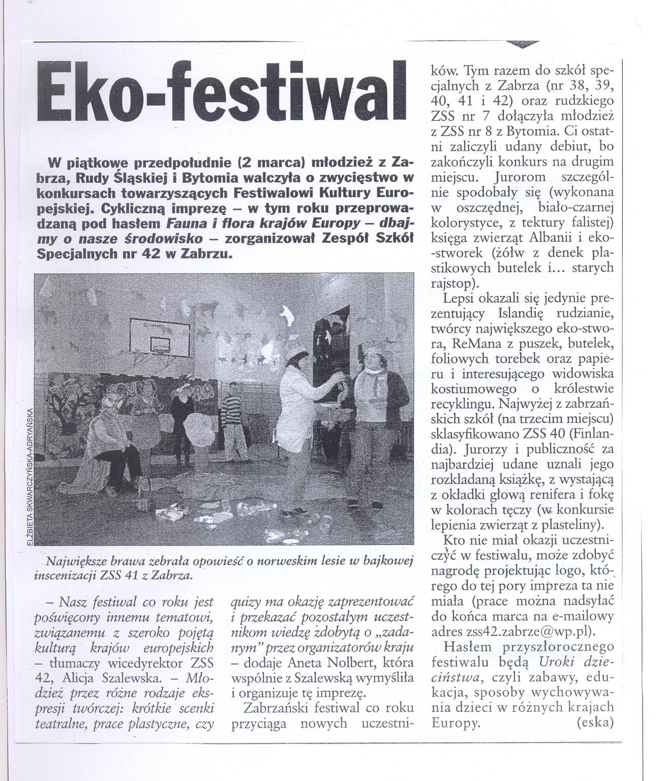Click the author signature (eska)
[596, 723]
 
